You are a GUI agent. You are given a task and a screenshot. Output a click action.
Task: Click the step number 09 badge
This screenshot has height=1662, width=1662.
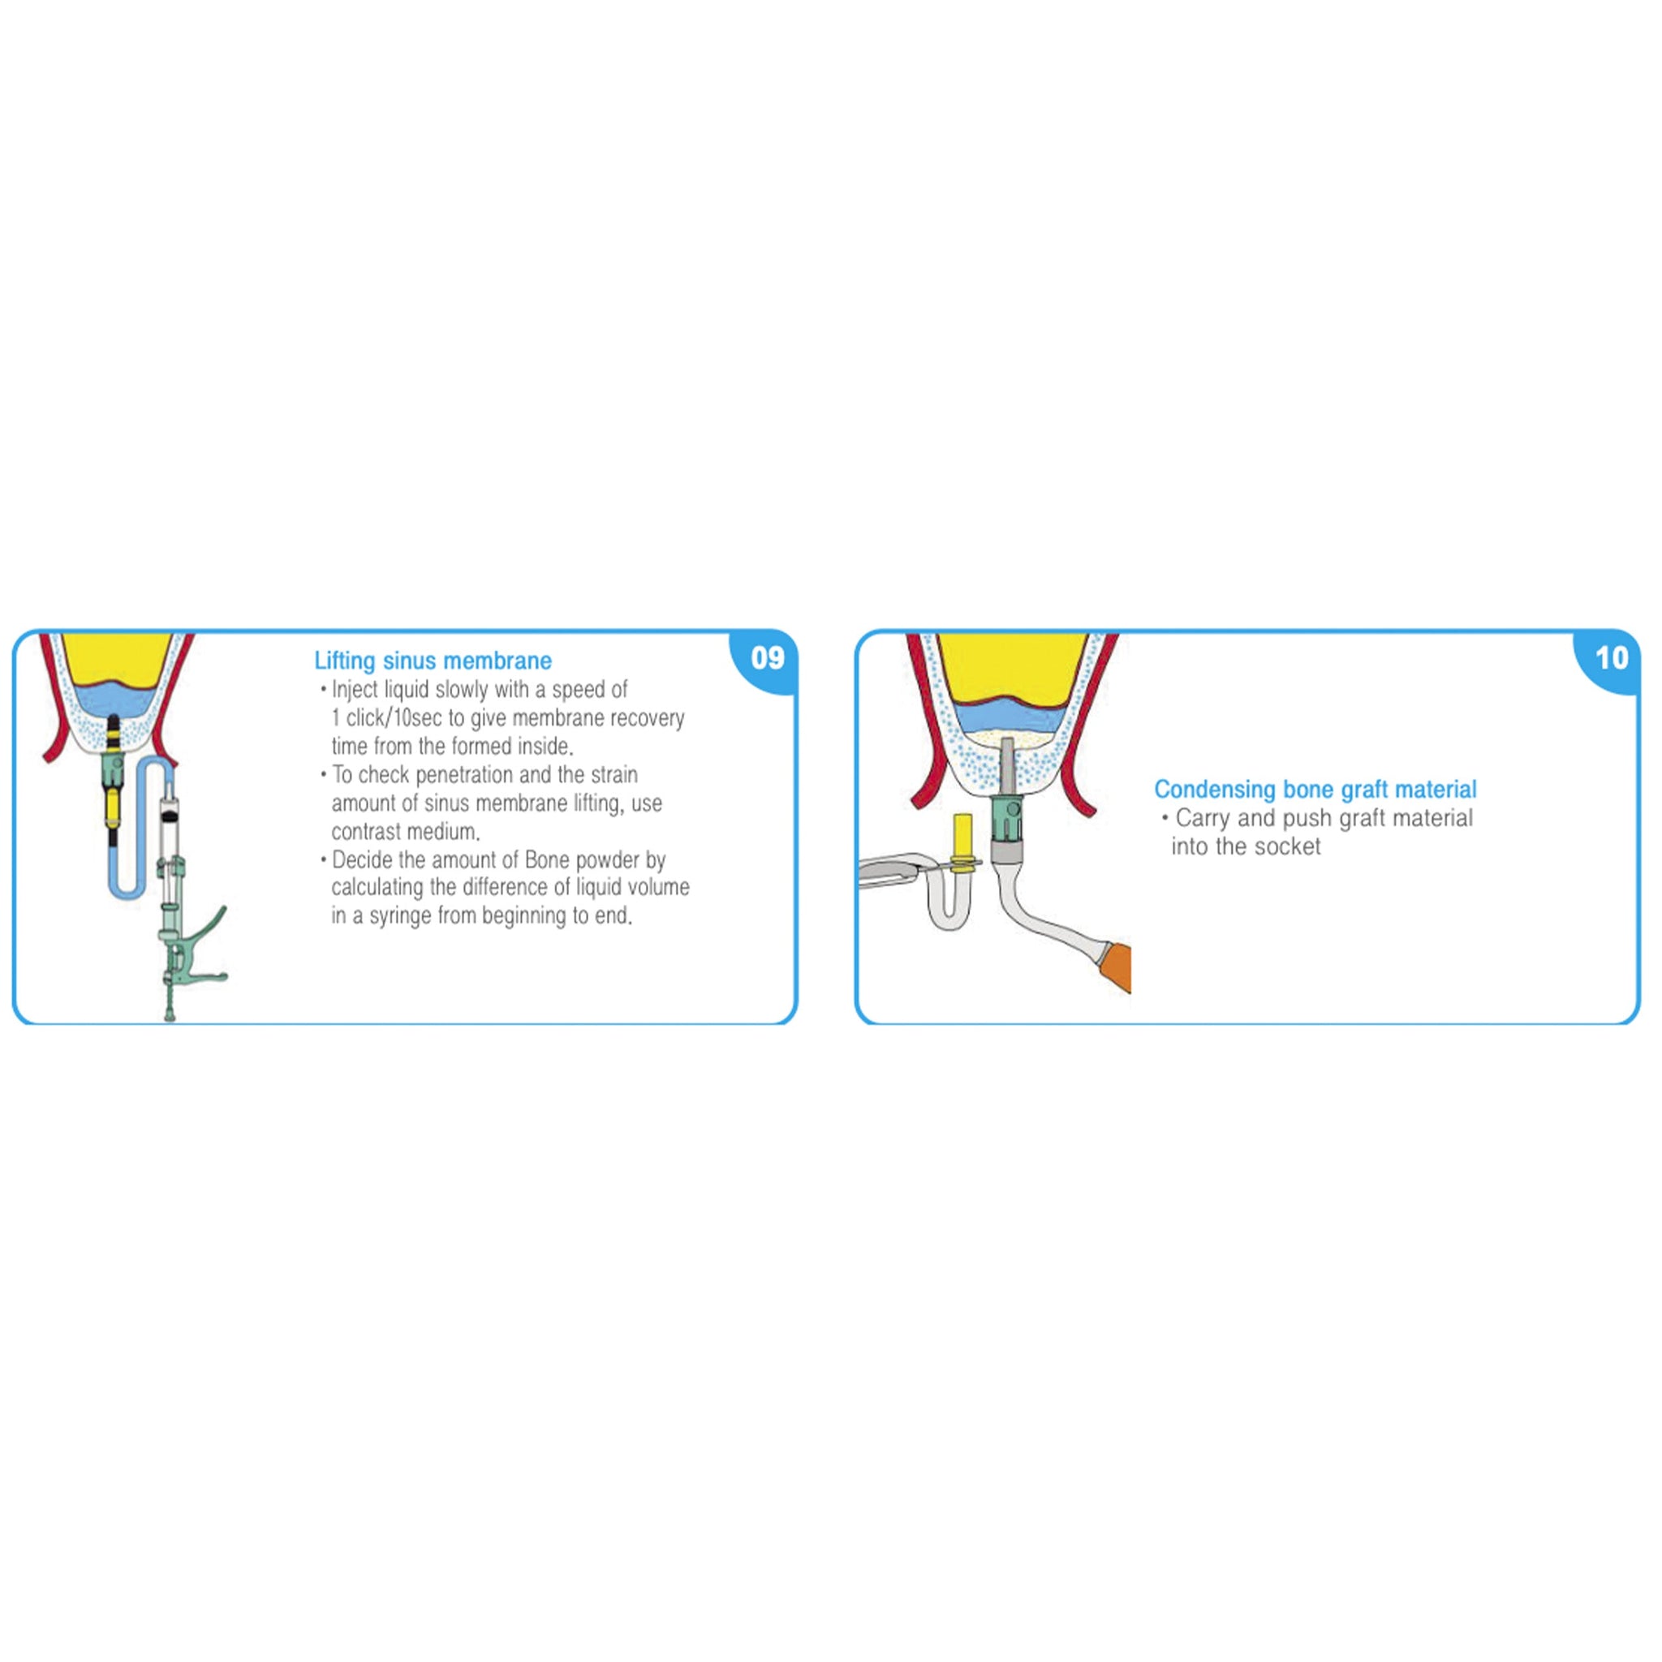point(768,659)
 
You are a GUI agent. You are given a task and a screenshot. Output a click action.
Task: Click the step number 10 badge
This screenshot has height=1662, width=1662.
point(1610,659)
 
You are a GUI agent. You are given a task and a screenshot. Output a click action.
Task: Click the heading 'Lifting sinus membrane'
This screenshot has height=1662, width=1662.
point(433,661)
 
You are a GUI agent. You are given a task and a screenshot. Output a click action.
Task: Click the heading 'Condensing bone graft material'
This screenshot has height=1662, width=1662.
point(1315,789)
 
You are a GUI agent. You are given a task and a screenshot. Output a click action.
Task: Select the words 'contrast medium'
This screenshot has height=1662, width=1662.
point(404,832)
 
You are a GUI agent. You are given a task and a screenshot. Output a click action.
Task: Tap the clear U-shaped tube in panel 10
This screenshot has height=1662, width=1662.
point(945,912)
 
